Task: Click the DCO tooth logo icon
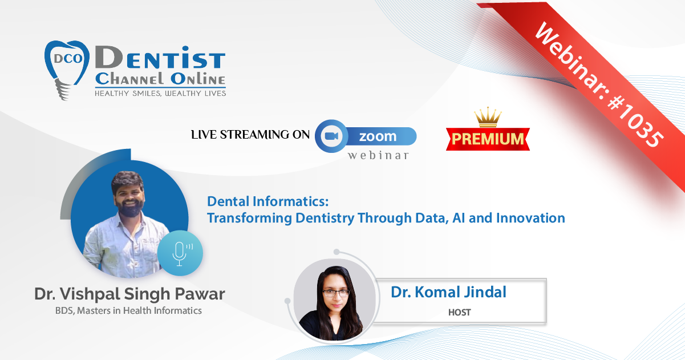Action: pos(67,70)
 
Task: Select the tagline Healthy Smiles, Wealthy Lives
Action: pos(160,94)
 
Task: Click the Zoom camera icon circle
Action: pos(331,136)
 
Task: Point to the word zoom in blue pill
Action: pos(378,136)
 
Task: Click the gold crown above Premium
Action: pos(488,117)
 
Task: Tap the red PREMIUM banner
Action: pos(488,139)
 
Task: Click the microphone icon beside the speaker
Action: pos(180,253)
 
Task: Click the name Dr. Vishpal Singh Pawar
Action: pos(129,294)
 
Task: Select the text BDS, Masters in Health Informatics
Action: pos(128,310)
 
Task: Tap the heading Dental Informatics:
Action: pos(268,201)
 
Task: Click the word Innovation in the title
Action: pos(530,218)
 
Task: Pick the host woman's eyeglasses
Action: pos(336,293)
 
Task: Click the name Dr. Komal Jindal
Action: pos(449,292)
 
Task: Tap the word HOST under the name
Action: pos(460,312)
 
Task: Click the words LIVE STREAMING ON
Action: pos(250,135)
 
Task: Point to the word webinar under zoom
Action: pos(378,155)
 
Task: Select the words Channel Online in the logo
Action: pos(160,79)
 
